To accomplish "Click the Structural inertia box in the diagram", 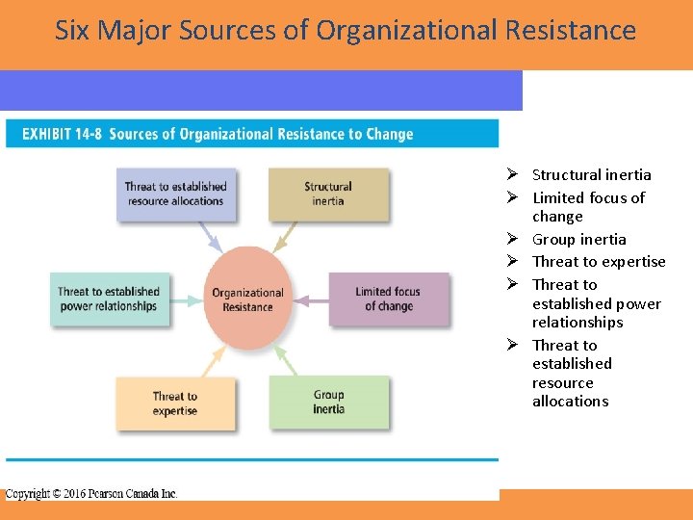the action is tap(328, 194).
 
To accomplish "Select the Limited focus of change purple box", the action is tap(388, 299).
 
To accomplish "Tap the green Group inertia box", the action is tap(328, 402).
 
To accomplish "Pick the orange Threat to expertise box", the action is tap(175, 403).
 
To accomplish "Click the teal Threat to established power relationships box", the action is tap(108, 299).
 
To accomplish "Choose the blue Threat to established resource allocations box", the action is tap(175, 194).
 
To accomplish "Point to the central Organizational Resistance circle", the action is tap(247, 299).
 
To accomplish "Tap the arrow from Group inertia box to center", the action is tap(285, 361).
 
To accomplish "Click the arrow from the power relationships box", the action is tap(185, 299).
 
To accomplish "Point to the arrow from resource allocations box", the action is tap(211, 237).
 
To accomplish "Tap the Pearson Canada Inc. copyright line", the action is tap(91, 493).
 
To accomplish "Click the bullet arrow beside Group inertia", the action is tap(514, 239).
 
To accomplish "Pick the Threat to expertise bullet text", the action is tap(599, 262).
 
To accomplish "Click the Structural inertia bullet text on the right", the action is tap(591, 175).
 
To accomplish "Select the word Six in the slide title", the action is tap(72, 30).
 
